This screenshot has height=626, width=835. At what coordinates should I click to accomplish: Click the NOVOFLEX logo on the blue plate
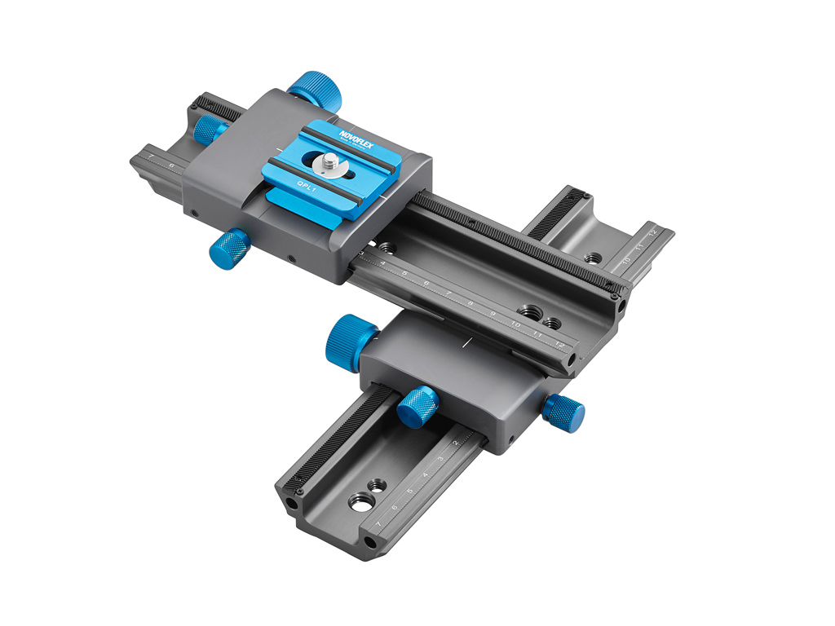point(356,132)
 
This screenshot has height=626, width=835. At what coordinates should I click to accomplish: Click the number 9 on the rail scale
point(493,313)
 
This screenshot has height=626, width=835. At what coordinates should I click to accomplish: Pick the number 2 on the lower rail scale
point(456,443)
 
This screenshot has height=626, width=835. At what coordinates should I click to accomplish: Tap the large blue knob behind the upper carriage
point(314,90)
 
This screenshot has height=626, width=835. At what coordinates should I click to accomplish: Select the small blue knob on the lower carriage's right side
point(564,413)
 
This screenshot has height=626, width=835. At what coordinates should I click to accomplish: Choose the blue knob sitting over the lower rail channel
point(417,407)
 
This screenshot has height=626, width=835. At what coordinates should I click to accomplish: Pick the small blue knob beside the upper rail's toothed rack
point(210,127)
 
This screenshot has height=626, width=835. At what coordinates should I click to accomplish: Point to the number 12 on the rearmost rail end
point(652,233)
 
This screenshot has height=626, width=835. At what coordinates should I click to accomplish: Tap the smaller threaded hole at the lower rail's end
point(376,485)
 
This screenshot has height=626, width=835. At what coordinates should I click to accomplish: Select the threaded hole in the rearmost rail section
point(594,258)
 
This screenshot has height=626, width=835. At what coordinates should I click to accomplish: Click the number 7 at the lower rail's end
point(378,517)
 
